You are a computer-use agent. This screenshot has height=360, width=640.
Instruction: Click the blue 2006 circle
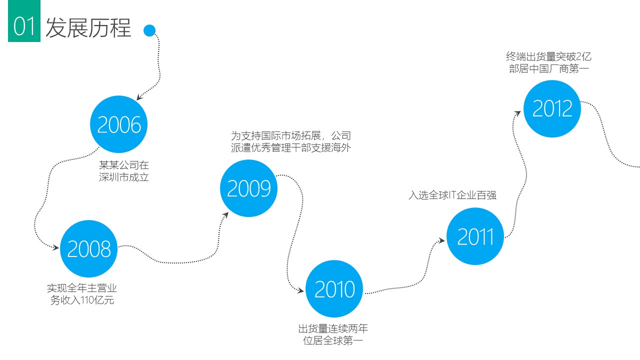coord(119,124)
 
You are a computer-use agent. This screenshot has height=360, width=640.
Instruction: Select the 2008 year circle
coord(89,248)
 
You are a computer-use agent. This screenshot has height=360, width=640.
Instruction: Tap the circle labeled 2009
coord(248,188)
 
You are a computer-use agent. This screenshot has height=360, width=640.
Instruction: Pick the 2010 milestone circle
coord(334,289)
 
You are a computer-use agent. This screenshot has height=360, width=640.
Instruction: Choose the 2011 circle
coord(475,236)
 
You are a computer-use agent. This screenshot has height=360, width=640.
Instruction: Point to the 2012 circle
coord(552,108)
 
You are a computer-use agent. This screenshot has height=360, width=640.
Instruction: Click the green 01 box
coord(24,27)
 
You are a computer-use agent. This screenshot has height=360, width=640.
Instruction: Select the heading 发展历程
coord(88,28)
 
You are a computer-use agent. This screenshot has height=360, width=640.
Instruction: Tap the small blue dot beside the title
coord(149,31)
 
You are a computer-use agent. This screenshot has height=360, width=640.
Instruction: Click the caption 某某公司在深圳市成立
coord(124,170)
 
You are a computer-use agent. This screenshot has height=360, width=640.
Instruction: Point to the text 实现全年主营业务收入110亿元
coord(82,294)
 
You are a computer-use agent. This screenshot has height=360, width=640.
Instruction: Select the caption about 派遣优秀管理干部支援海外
coord(290,142)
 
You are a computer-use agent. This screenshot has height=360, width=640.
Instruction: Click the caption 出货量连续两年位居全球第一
coord(333,334)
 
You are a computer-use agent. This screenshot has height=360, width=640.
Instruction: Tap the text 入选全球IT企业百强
coord(452,195)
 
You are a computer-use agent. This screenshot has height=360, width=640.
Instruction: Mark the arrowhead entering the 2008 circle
coord(56,246)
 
